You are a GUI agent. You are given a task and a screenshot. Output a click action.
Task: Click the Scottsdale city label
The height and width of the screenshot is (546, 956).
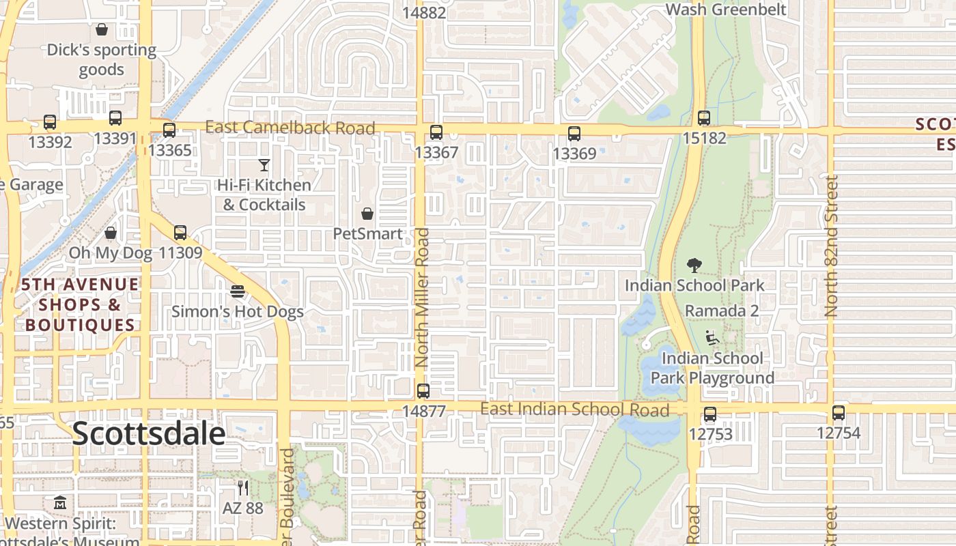pos(148,434)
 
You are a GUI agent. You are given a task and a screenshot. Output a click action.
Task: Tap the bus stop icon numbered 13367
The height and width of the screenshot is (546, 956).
pos(436,132)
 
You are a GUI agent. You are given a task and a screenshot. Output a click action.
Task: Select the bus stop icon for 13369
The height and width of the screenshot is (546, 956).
pos(574,134)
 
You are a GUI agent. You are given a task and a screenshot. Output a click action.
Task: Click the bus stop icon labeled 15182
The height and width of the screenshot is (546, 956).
pos(704,118)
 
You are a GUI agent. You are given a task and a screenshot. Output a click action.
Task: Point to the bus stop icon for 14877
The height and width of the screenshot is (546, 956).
pos(423,391)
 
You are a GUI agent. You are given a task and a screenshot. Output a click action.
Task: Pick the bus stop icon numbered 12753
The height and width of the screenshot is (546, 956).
pos(710,414)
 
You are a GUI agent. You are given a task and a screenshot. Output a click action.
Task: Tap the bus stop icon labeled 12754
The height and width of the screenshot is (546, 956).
pos(839,413)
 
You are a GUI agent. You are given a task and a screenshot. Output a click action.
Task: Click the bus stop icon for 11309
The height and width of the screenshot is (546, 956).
pos(180,233)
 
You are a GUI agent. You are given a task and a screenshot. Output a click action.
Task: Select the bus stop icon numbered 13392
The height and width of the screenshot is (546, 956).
pos(50,122)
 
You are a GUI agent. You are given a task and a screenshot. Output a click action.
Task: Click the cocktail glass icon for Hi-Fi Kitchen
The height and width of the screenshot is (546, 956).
pos(264,164)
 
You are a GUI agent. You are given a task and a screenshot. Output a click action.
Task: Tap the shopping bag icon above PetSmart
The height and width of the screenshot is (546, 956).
pos(367,214)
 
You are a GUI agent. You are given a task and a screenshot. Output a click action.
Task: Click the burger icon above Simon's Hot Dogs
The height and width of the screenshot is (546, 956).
pos(238,291)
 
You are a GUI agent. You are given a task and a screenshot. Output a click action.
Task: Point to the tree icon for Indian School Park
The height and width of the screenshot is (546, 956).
pos(694,265)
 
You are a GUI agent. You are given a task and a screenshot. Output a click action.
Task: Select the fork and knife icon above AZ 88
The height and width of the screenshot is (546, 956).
pos(242,487)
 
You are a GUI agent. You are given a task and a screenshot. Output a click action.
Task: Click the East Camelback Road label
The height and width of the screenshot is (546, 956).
pos(290,128)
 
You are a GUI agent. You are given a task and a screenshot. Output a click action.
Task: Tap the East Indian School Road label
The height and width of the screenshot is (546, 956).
pos(574,409)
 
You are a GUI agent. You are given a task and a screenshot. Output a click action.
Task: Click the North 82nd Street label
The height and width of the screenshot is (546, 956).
pos(831,246)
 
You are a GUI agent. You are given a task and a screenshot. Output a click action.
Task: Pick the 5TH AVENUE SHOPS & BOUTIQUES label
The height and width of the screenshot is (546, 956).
pos(80,304)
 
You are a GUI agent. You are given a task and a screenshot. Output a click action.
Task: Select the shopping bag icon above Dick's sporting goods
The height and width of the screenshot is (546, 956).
pos(102,29)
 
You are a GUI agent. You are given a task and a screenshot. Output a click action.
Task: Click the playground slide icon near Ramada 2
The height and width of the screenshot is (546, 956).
pos(712,336)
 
